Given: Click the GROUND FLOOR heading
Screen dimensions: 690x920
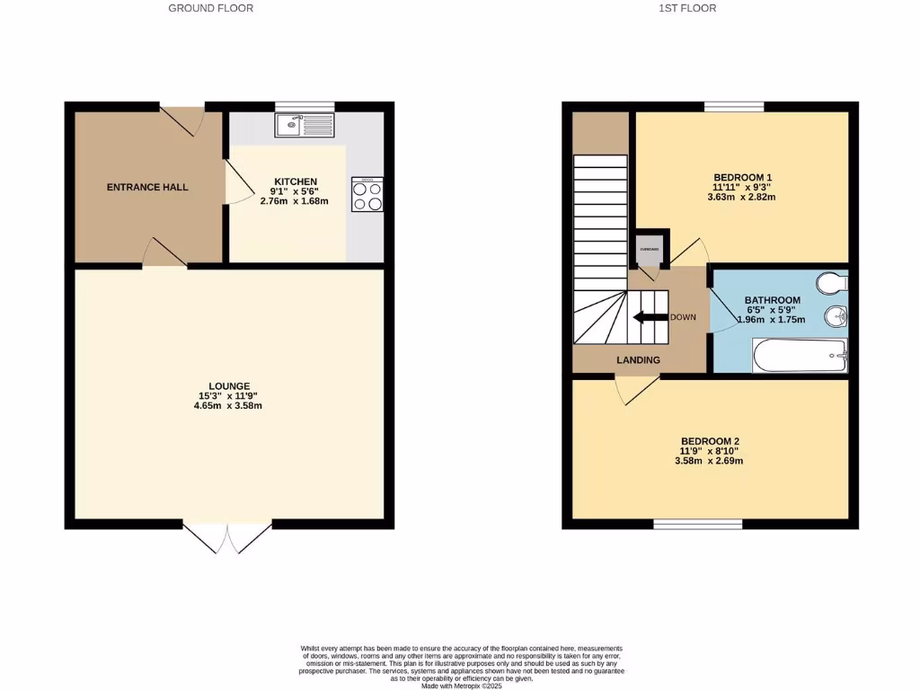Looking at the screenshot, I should click(211, 8).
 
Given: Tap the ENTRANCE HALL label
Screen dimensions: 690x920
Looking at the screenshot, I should click(147, 187).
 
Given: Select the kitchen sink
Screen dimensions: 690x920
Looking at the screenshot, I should click(305, 125).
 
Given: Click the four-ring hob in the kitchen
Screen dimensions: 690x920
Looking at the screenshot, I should click(367, 194).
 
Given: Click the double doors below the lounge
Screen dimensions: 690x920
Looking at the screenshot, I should click(227, 536).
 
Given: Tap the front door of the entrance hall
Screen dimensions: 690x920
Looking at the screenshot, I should click(183, 119).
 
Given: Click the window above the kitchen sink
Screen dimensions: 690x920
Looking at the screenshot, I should click(305, 106).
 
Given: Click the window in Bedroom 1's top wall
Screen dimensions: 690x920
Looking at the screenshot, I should click(734, 106).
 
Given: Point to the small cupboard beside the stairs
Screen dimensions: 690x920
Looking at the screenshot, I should click(649, 251).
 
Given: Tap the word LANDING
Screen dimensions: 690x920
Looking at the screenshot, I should click(638, 360).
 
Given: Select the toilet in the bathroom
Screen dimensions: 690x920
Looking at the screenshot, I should click(833, 284).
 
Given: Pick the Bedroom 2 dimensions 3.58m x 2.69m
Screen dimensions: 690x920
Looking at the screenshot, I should click(709, 461).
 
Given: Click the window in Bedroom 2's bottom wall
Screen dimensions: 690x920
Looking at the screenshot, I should click(698, 524).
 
